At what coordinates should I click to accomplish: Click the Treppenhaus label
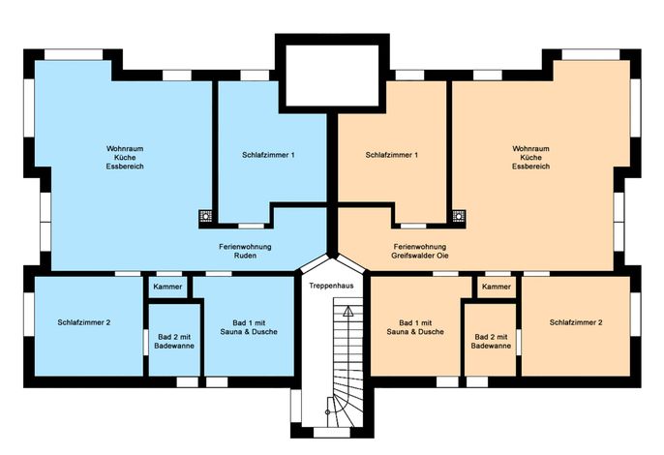tap(331, 286)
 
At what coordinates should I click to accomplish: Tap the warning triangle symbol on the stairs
tap(348, 313)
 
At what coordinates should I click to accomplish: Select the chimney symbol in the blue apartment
tap(206, 216)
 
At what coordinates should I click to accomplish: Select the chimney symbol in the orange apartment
tap(459, 216)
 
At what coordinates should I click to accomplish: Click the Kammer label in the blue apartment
tap(167, 287)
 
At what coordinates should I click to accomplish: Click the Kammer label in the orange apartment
tap(497, 287)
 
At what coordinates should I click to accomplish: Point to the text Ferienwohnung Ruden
tap(245, 252)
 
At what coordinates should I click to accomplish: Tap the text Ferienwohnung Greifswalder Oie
tap(420, 252)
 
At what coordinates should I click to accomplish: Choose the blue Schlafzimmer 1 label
tap(268, 155)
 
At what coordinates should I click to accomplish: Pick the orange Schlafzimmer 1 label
tap(392, 155)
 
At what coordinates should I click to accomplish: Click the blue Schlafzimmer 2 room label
tap(84, 322)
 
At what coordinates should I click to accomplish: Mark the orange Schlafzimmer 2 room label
tap(576, 322)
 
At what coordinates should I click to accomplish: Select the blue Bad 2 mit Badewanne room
tap(174, 340)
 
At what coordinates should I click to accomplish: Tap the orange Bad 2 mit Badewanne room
tap(491, 340)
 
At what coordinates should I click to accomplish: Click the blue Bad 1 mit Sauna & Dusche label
tap(249, 327)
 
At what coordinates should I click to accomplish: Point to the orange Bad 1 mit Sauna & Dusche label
tap(415, 327)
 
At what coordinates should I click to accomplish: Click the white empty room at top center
tap(332, 76)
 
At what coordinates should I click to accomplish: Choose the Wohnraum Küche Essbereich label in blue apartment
tap(125, 158)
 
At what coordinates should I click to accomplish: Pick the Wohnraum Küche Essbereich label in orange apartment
tap(530, 158)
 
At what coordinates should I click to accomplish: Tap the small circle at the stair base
tap(327, 411)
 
